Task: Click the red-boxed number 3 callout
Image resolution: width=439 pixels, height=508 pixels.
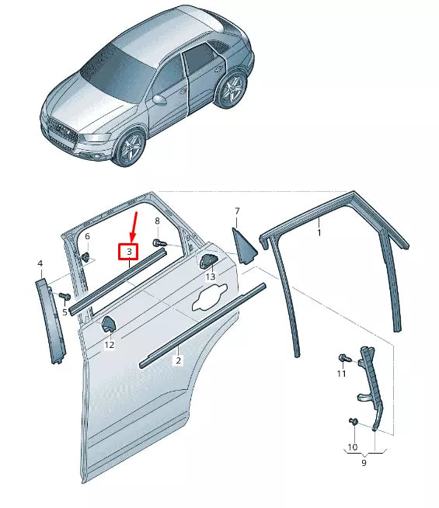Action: tap(128, 252)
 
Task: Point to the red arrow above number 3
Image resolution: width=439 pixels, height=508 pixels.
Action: tap(134, 225)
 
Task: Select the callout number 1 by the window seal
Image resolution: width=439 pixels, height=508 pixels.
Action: tap(319, 231)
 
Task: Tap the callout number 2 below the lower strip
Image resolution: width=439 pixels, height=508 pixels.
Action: tap(178, 360)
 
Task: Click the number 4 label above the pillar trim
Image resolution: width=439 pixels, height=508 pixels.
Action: tap(40, 265)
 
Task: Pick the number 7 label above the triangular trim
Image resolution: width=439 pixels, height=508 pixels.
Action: tap(237, 211)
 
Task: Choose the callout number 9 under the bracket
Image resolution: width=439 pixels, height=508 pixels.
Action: tap(364, 463)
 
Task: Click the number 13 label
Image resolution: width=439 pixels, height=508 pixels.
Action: tap(211, 277)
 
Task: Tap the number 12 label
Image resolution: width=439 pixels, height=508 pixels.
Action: tap(110, 345)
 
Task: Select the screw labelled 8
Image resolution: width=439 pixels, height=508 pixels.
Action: tap(161, 244)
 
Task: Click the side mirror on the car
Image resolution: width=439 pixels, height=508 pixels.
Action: tap(161, 99)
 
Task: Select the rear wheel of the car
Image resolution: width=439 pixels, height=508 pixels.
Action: tap(232, 92)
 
